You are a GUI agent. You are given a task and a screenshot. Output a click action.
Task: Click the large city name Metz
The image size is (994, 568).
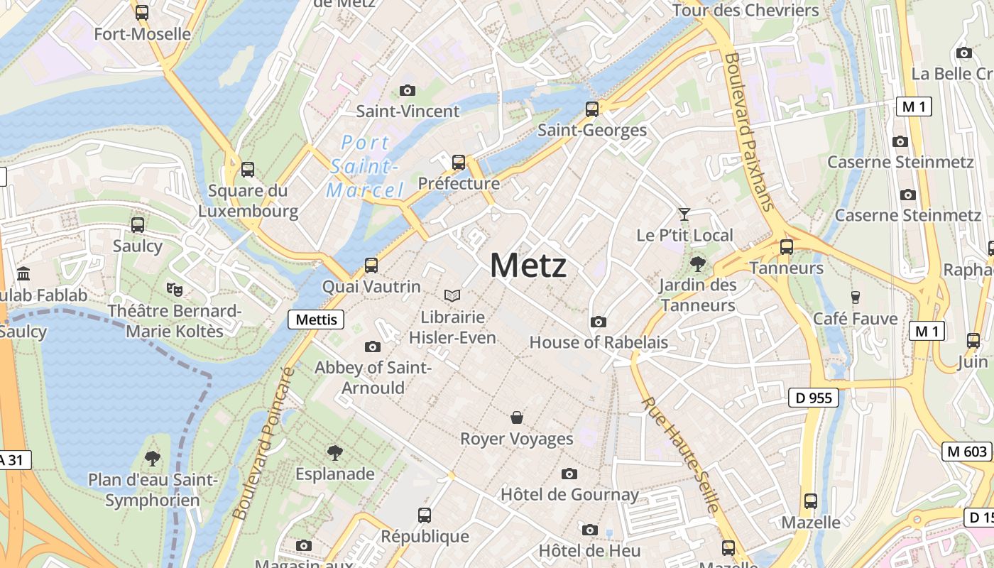[x=528, y=266]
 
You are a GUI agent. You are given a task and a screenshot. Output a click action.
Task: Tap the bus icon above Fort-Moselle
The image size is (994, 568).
[x=142, y=12]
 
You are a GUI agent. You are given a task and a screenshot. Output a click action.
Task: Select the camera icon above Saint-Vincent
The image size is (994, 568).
[x=407, y=90]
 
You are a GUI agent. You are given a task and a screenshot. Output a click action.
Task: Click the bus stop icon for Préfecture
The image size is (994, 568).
[x=459, y=162]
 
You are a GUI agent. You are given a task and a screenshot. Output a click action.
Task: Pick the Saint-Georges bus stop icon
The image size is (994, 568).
[x=592, y=109]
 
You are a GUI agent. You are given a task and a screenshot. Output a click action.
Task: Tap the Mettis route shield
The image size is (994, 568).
[x=316, y=319]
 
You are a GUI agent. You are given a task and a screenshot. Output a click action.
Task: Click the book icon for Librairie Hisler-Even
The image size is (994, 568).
[x=452, y=295]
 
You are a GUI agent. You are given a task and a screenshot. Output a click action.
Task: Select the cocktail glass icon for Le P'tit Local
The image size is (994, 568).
[x=684, y=214]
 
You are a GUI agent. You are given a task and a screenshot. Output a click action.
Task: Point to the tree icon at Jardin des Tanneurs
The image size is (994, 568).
[x=698, y=264]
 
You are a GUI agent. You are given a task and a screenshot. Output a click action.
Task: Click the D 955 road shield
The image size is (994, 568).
[x=814, y=398]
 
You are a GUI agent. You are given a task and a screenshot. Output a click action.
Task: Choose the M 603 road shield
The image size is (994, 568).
[x=966, y=452]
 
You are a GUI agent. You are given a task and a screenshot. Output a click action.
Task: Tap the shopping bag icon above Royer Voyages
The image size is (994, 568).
[x=517, y=417]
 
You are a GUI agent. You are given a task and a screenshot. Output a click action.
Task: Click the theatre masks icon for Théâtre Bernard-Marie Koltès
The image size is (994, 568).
[x=174, y=289]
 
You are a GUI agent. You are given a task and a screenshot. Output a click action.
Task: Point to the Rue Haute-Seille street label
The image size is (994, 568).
[x=681, y=454]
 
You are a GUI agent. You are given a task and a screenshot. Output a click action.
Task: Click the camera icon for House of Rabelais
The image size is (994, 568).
[x=599, y=322]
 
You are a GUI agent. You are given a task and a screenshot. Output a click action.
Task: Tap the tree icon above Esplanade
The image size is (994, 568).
[x=334, y=452]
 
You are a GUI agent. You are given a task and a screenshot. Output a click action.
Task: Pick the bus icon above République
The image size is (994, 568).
[x=425, y=515]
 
